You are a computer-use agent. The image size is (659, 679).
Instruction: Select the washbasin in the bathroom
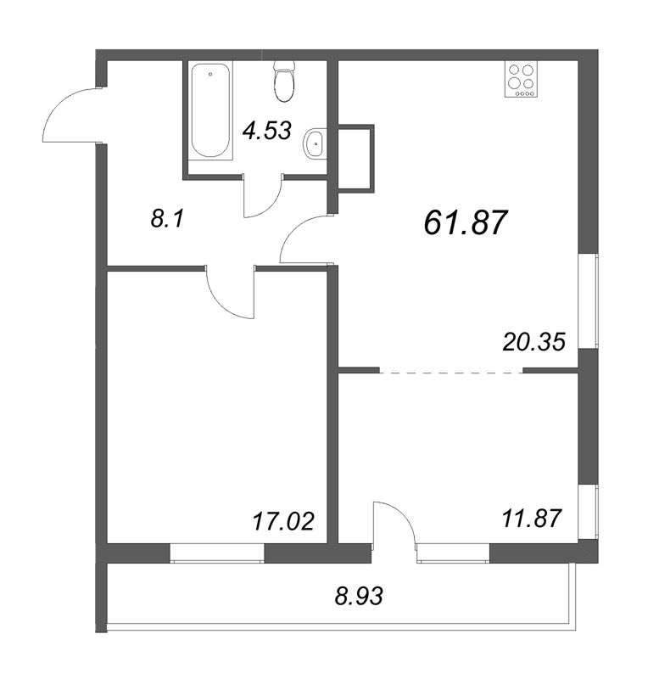316,144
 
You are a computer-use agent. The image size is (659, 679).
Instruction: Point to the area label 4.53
266,131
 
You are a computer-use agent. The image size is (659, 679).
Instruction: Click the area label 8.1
167,221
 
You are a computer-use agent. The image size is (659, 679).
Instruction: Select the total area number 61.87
465,222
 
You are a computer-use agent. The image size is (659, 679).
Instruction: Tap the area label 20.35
533,340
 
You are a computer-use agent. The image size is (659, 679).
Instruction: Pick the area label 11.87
531,517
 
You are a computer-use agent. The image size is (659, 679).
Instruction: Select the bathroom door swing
261,199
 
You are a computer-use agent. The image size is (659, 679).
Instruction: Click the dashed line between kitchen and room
451,371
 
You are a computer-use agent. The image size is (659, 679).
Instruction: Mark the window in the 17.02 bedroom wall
217,552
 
